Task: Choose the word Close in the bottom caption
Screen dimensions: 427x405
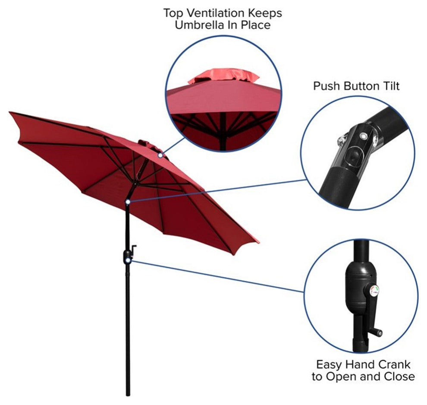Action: (399, 377)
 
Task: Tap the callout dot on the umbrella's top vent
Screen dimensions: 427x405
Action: (160, 155)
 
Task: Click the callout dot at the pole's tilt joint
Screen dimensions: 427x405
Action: (128, 202)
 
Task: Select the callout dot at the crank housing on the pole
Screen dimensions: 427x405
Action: (128, 261)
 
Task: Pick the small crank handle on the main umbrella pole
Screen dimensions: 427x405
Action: (133, 250)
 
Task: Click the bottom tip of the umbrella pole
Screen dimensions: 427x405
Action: (128, 395)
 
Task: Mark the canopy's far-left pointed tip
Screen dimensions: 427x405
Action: (10, 112)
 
